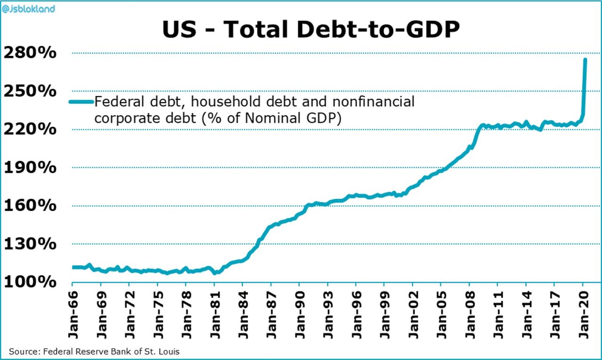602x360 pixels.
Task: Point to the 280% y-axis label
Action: [x=30, y=53]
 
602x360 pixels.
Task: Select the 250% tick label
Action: [x=30, y=91]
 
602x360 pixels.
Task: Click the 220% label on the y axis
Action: [x=30, y=129]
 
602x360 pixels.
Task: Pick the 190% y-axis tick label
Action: [x=30, y=168]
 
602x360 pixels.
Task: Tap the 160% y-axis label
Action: [x=30, y=206]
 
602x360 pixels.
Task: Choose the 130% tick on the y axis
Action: [x=30, y=244]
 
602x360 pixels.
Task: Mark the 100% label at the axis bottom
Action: [x=30, y=282]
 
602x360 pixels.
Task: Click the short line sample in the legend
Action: [x=81, y=102]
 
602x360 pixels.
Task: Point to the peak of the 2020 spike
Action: [x=585, y=60]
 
